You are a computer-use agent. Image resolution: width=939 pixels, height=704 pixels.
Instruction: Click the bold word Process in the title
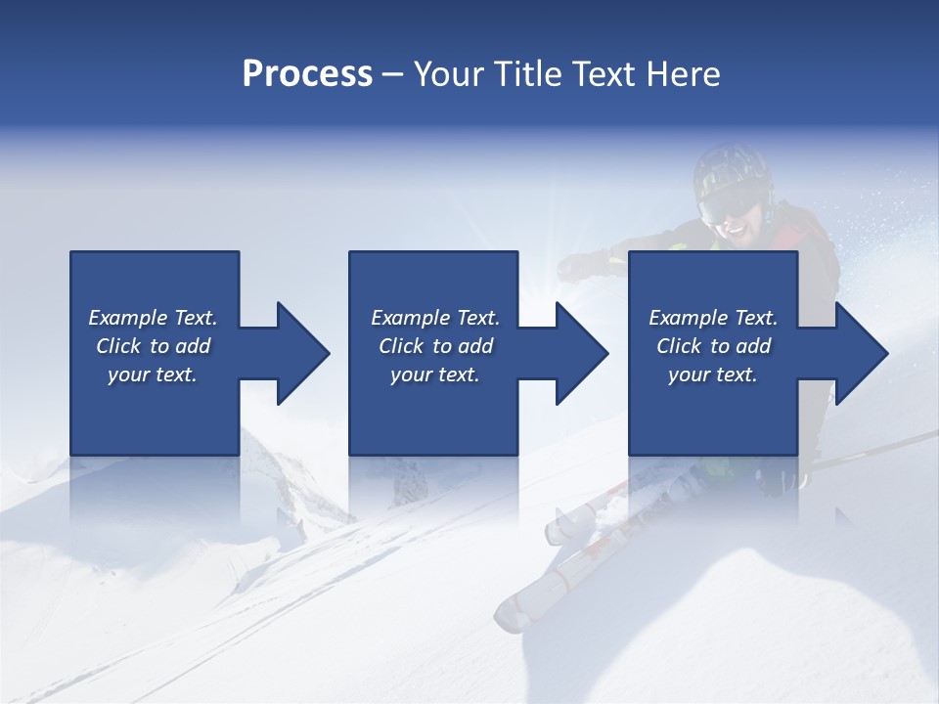pos(307,74)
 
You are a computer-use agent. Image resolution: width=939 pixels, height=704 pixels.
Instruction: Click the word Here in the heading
pos(682,74)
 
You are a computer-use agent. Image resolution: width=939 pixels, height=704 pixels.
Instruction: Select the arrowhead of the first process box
pos(303,353)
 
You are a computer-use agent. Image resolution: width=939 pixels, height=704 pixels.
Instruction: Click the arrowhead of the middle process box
pos(582,353)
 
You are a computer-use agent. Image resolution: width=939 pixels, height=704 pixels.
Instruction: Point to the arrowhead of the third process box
pos(862,353)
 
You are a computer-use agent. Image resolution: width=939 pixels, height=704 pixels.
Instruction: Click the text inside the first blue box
pos(153,346)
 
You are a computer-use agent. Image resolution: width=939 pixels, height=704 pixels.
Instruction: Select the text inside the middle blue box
pos(434,346)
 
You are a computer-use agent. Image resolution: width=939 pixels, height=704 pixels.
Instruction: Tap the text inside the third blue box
pos(713,346)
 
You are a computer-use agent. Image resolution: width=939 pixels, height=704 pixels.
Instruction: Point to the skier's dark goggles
pos(728,204)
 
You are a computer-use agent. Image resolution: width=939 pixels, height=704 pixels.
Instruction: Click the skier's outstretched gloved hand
pos(584,264)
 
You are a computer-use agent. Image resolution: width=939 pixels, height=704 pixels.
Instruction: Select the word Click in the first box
pos(118,346)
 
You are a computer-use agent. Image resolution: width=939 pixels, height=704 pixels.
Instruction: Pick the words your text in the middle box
pos(434,374)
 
